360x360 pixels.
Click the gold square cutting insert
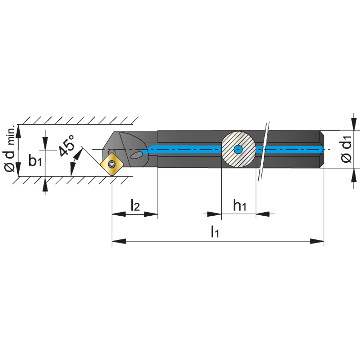point(112,164)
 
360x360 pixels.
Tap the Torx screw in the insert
point(112,164)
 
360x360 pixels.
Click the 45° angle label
point(67,145)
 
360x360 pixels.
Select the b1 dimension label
point(35,160)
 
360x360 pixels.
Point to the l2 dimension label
point(135,205)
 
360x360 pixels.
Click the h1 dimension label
point(239,205)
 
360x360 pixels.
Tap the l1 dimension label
point(215,231)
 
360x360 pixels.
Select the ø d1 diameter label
point(346,149)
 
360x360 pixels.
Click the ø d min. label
point(10,148)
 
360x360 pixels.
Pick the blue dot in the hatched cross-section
point(238,149)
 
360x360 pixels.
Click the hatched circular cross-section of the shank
point(239,149)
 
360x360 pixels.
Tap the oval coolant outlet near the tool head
point(136,155)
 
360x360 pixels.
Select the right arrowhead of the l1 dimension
point(317,241)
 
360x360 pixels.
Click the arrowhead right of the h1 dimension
point(263,214)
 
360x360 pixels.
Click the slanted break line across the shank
point(264,151)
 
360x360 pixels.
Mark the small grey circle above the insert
point(112,152)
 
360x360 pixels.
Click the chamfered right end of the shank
point(321,149)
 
